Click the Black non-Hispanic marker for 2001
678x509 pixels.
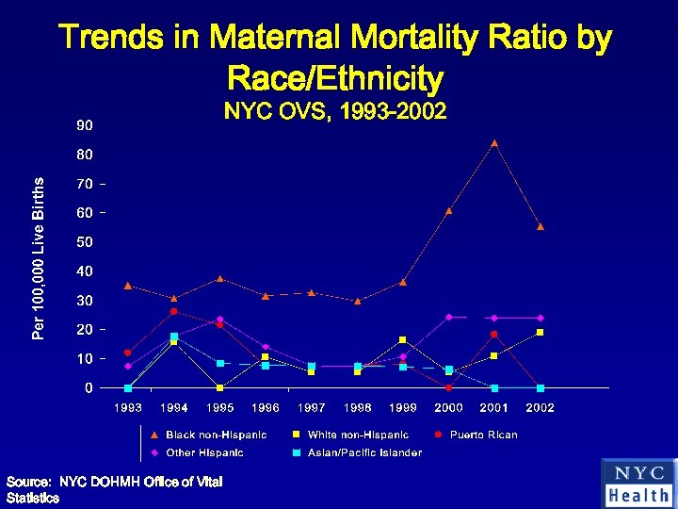(x=494, y=143)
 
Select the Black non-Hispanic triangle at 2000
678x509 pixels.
(x=448, y=210)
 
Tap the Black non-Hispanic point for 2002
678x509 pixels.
(x=541, y=227)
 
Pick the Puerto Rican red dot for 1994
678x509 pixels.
(x=173, y=311)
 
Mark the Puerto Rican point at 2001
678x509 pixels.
(x=494, y=335)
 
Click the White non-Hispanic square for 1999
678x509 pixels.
(x=402, y=339)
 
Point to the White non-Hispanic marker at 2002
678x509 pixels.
(x=541, y=333)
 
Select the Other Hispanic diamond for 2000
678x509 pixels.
(x=448, y=317)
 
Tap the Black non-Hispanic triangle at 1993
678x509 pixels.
(x=128, y=286)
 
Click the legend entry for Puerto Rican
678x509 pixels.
(x=483, y=435)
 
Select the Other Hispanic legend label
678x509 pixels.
(x=204, y=452)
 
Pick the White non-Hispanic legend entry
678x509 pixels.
(x=358, y=435)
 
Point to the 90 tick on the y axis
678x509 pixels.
(x=85, y=125)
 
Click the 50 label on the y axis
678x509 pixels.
(x=85, y=242)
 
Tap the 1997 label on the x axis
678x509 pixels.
(x=311, y=408)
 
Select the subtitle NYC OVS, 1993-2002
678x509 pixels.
(x=334, y=111)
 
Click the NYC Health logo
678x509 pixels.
(x=639, y=484)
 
